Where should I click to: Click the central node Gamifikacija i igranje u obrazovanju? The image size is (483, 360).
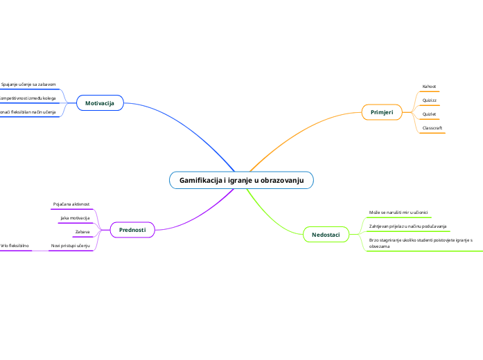pos(241,180)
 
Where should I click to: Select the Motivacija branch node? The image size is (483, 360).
pos(100,103)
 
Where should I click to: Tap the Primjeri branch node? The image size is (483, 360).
pos(382,111)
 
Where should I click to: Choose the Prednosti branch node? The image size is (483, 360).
pos(132,229)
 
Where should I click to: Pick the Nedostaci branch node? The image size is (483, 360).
pos(326,235)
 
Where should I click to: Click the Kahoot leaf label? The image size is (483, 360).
pos(429,87)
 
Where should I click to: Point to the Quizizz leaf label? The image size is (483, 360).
pos(429,100)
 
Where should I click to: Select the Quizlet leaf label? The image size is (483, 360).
pos(429,114)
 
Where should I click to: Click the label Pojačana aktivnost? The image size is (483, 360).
pos(71,204)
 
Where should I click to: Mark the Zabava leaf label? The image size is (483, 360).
pos(82,231)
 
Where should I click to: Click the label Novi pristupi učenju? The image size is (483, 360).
pos(70,246)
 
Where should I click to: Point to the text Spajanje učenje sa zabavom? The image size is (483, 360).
pos(28,84)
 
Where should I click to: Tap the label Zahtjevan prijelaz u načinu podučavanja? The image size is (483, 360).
pos(408,226)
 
